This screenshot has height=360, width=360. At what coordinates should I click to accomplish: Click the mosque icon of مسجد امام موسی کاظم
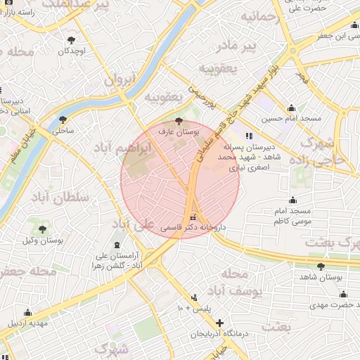292,200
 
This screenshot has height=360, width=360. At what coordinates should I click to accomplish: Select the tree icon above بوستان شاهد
321,266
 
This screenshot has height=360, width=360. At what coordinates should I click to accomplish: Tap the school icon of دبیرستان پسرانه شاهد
247,136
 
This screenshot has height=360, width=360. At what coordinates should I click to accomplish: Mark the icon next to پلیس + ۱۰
195,297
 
